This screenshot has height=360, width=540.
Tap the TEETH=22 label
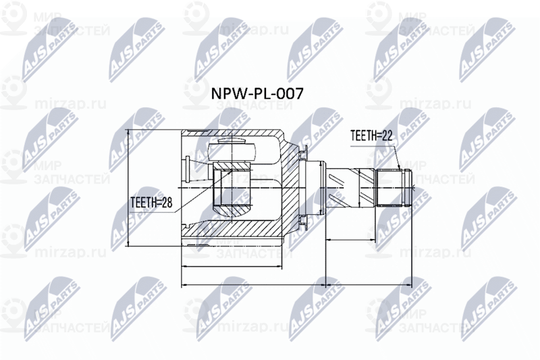[x=371, y=135]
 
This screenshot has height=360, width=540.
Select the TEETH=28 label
[x=151, y=201]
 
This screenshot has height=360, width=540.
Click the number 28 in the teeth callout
[x=165, y=201]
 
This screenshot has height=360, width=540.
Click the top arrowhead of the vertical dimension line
[x=128, y=132]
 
